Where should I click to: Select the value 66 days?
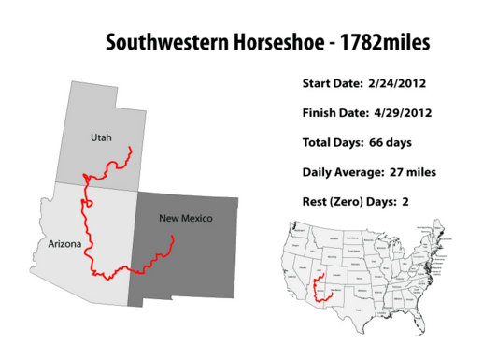(x=388, y=142)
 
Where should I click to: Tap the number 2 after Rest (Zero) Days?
(x=405, y=201)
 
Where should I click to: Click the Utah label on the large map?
(x=101, y=137)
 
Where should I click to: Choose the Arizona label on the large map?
(x=64, y=244)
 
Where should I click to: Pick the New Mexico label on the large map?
(x=185, y=219)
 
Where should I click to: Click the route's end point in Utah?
(x=128, y=148)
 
